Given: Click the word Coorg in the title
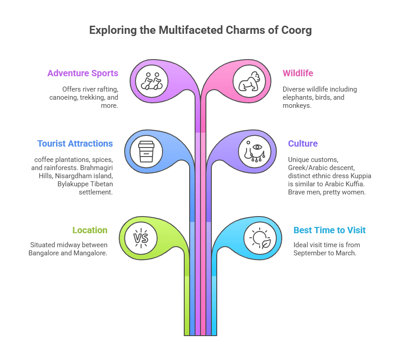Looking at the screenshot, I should [296, 30].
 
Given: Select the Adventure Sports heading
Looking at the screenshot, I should [83, 73].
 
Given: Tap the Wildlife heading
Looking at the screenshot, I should [298, 73].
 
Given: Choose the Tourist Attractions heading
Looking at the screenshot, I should [75, 143].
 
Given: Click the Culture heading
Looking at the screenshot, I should [303, 143].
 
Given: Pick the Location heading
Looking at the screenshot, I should [90, 230].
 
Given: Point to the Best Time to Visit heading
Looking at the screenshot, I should [329, 230].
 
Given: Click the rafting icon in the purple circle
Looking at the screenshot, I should [152, 81].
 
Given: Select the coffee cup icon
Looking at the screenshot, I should [146, 151].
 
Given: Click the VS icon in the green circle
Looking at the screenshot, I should [140, 237].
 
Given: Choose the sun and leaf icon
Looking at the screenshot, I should [260, 238].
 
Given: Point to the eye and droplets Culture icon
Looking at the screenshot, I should [255, 151].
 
